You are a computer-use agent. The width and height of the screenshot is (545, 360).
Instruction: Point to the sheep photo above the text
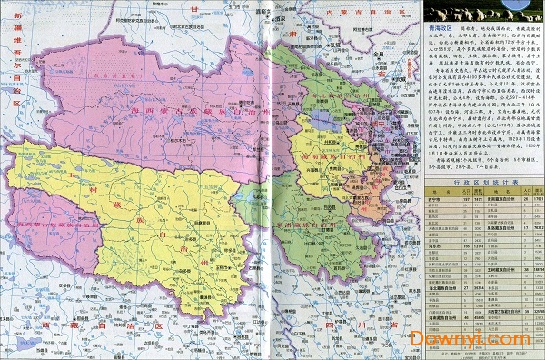(472, 12)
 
